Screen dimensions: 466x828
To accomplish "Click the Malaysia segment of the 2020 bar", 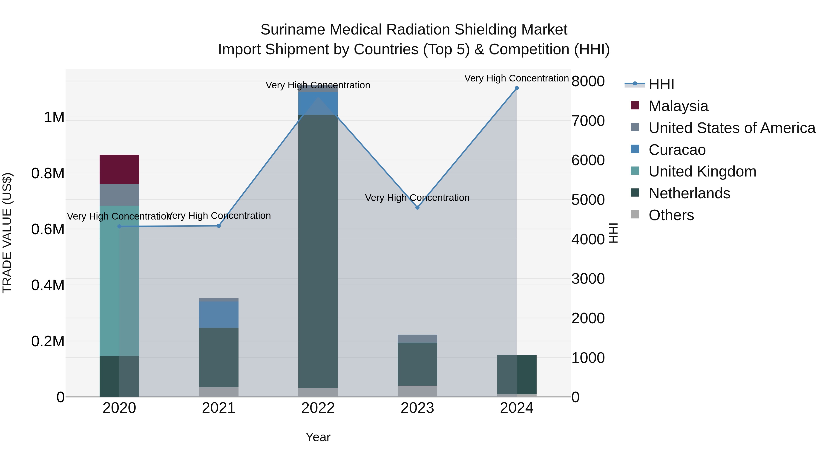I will click(119, 169).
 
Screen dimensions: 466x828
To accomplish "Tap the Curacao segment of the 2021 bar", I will click(218, 315).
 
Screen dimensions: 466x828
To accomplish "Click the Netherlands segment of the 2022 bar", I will click(318, 251).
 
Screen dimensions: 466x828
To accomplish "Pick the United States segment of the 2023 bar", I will click(417, 339).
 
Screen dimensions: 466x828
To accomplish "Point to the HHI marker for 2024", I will click(517, 88).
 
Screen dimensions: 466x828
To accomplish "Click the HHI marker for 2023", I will click(417, 207).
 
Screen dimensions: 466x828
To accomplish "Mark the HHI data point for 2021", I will click(218, 226).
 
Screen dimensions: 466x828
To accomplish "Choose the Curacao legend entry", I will click(677, 150).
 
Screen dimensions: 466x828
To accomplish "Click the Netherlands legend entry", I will click(689, 193).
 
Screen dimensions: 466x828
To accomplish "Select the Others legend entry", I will click(671, 215).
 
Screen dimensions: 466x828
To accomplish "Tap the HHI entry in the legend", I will click(661, 84).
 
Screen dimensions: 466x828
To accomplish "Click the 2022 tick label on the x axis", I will click(318, 408).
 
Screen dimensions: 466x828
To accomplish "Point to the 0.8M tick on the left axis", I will click(48, 173).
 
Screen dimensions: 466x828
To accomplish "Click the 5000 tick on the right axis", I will click(588, 200).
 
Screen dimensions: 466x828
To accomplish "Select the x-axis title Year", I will click(318, 437).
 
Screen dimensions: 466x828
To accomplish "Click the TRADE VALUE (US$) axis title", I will click(7, 233).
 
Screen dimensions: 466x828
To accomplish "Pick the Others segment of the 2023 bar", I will click(417, 391).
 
